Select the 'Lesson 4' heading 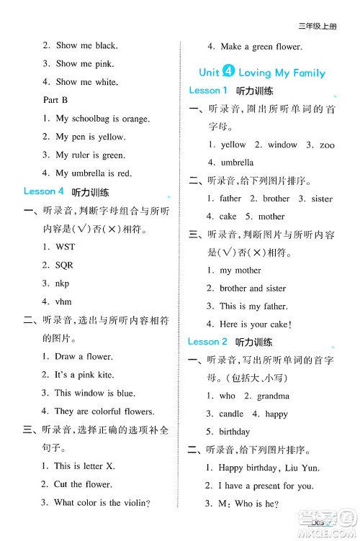(x=44, y=191)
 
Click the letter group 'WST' (x=65, y=247)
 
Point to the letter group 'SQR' (x=64, y=265)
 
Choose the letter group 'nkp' (x=63, y=283)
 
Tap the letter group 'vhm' (x=63, y=301)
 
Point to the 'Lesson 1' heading (x=208, y=91)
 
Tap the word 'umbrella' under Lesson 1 (x=237, y=163)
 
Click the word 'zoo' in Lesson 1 (x=327, y=145)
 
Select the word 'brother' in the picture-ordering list (x=276, y=198)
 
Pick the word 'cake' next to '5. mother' (x=228, y=216)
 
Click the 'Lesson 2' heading (x=208, y=341)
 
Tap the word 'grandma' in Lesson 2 (x=274, y=396)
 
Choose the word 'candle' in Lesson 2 (x=231, y=414)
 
